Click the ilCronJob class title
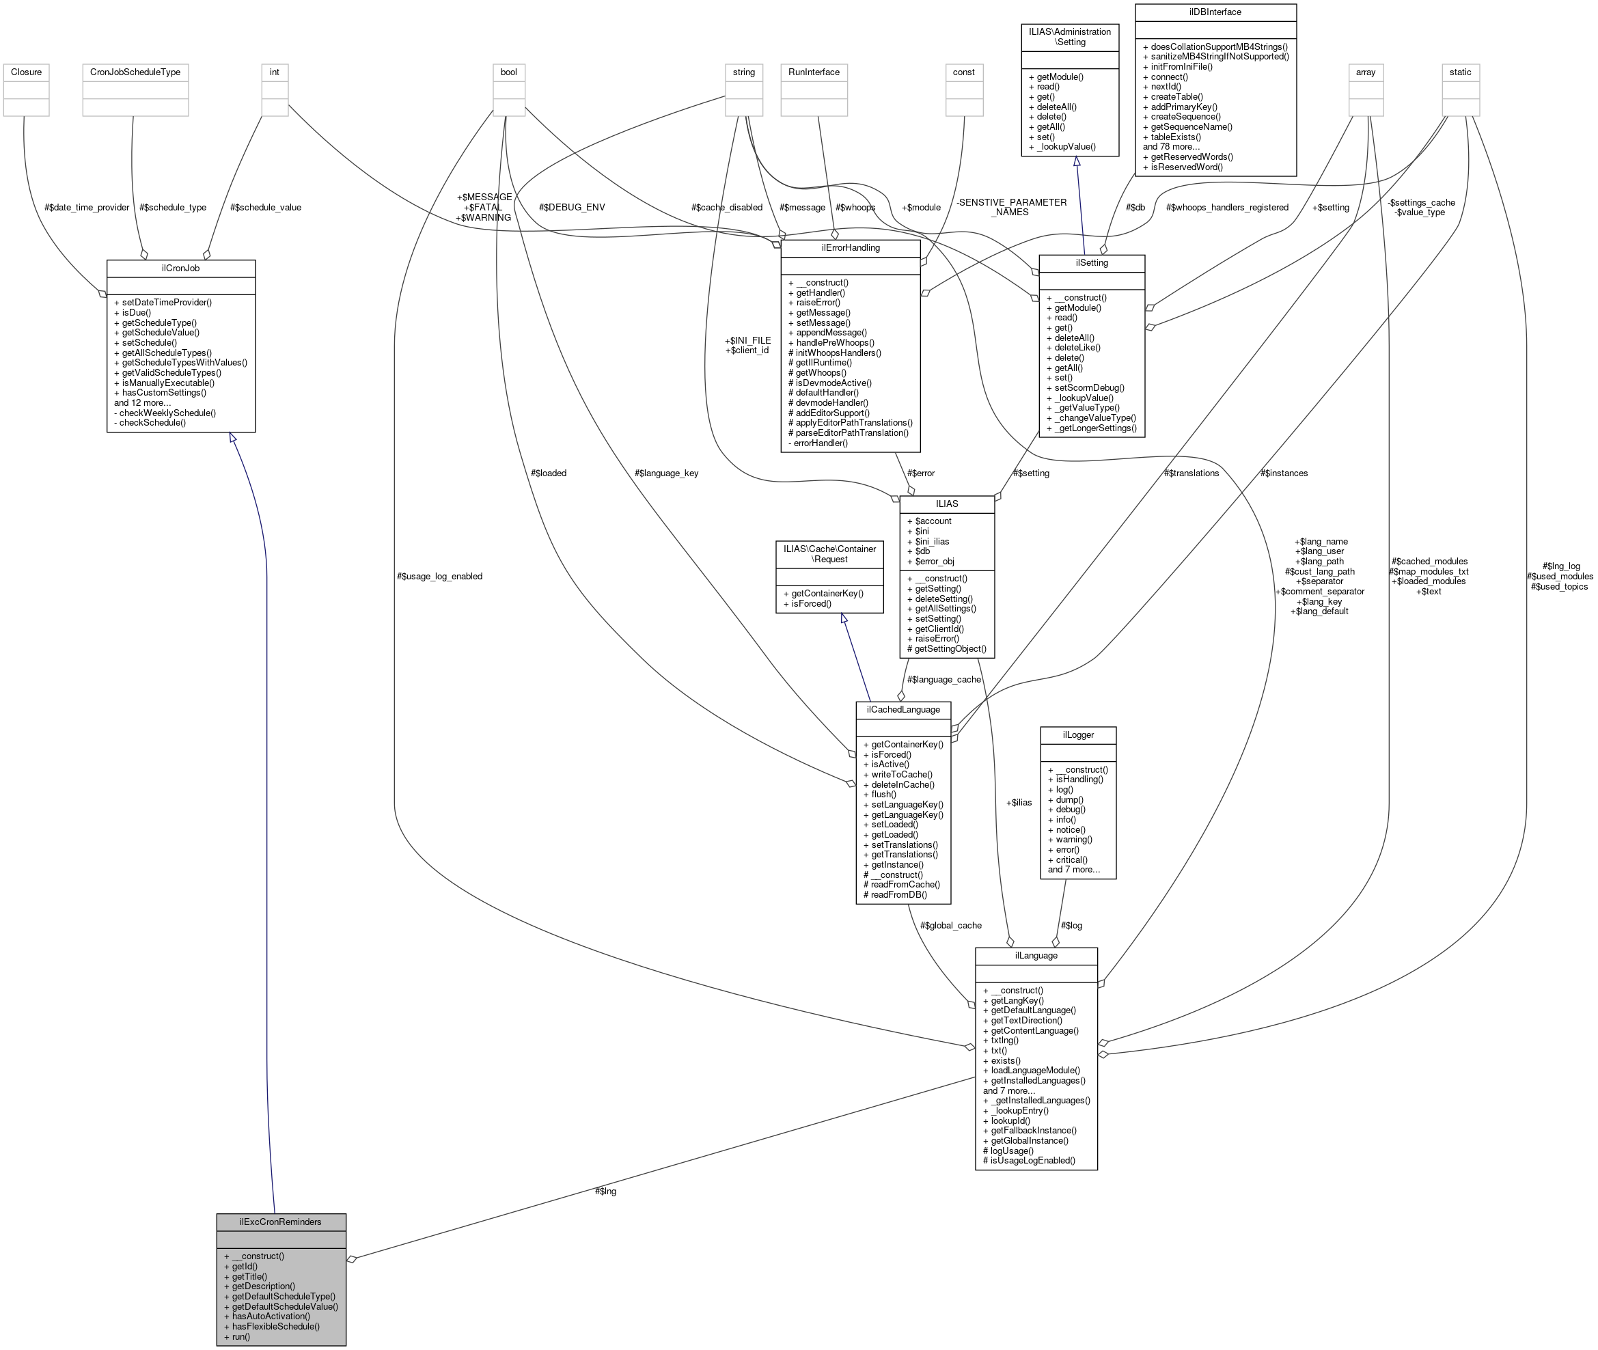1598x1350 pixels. (x=180, y=268)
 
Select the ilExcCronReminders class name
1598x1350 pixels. (x=280, y=1222)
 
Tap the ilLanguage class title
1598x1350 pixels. (x=1036, y=956)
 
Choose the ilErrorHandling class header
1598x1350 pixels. (x=851, y=248)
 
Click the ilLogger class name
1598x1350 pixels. (x=1077, y=734)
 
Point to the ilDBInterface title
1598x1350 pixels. (x=1215, y=12)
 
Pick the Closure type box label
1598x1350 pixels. (x=26, y=72)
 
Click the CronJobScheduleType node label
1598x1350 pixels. (x=135, y=72)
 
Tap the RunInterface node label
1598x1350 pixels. (x=814, y=72)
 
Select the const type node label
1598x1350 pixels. (x=963, y=72)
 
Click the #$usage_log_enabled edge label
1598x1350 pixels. (x=439, y=576)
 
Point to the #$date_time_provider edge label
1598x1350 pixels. (x=87, y=208)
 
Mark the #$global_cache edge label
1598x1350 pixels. (x=950, y=925)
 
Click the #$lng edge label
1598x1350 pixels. (x=605, y=1191)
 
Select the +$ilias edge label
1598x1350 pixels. (x=1019, y=803)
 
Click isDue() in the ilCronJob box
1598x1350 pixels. (x=137, y=312)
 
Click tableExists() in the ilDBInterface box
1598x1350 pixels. (x=1176, y=137)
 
